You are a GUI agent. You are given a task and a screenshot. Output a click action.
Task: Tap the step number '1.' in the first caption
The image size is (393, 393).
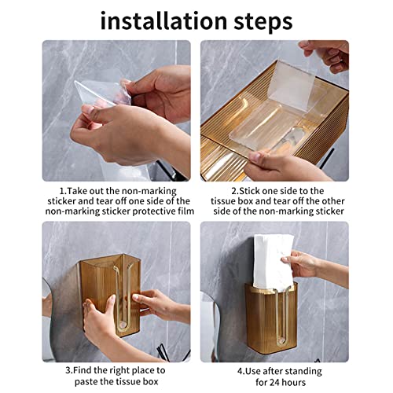[x=63, y=190]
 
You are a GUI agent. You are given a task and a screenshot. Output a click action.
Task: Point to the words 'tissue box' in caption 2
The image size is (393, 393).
[x=236, y=201]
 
